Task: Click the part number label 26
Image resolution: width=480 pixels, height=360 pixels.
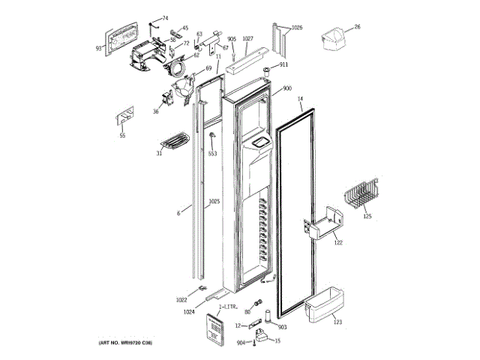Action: click(358, 27)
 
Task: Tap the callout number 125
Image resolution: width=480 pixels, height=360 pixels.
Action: click(367, 217)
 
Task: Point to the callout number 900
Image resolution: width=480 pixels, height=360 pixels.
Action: click(287, 88)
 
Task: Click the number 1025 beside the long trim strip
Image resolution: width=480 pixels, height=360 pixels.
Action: click(214, 201)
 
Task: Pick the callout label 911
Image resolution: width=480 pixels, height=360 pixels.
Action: click(283, 65)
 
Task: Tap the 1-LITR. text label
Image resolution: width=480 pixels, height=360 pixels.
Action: click(229, 308)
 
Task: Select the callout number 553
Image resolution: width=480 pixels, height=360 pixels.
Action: click(212, 153)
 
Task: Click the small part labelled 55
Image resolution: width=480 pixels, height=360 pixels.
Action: click(124, 119)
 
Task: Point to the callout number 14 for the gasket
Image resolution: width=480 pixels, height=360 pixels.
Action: click(300, 99)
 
